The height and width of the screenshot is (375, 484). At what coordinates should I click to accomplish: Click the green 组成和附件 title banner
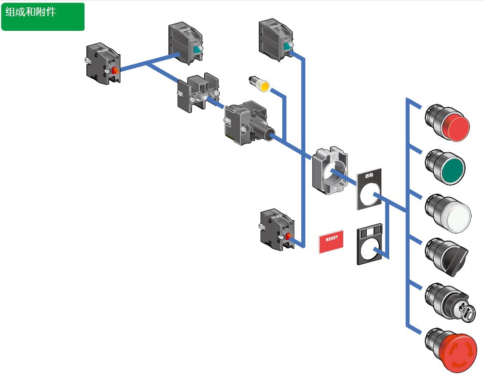click(43, 16)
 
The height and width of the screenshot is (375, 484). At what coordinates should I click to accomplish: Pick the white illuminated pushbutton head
click(449, 214)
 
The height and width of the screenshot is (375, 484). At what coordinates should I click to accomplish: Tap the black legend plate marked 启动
click(369, 189)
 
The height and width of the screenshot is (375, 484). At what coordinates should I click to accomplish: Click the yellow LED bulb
click(259, 84)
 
